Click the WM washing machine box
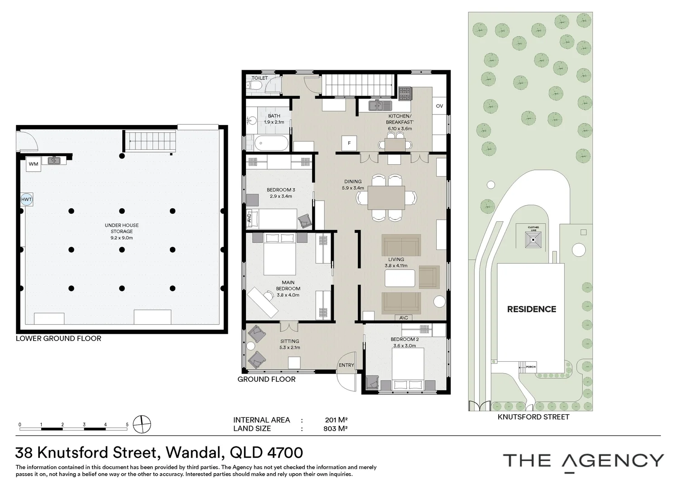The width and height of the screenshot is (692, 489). (x=34, y=164)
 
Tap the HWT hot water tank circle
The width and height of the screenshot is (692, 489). (x=27, y=199)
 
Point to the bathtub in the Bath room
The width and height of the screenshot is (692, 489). (x=271, y=144)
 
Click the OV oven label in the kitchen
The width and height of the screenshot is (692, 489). (x=439, y=106)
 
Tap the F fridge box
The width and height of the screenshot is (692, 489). (x=349, y=143)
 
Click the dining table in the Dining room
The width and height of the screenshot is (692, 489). (x=386, y=197)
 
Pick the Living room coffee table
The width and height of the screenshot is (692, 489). (x=399, y=278)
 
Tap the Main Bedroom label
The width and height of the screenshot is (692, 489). (x=288, y=288)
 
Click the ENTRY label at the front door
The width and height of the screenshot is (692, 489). (x=346, y=365)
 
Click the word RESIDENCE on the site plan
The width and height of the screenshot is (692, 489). (x=531, y=309)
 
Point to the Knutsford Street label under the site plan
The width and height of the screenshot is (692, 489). (x=533, y=417)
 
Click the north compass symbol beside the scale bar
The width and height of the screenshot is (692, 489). (x=143, y=424)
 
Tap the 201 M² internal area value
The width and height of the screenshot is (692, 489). (x=336, y=420)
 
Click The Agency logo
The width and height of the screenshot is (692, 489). (x=583, y=461)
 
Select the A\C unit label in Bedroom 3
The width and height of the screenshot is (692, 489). (x=249, y=218)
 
